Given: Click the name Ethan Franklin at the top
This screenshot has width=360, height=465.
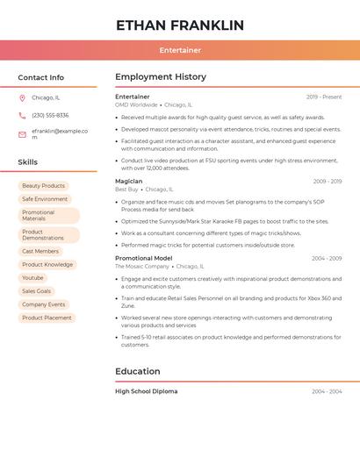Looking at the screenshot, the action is (180, 25).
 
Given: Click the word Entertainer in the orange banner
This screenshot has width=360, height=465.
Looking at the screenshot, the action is (180, 50).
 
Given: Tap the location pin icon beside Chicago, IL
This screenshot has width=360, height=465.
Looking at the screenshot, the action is (22, 98).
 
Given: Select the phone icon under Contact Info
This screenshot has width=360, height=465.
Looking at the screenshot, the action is (22, 116).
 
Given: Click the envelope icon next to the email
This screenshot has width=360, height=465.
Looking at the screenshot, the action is (22, 134).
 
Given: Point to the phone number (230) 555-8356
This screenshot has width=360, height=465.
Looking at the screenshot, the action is (50, 116).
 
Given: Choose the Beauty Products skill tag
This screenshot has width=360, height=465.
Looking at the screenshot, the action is (43, 186).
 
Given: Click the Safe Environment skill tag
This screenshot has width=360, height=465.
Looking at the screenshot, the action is (45, 199).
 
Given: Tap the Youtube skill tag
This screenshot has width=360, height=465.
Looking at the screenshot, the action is (32, 278).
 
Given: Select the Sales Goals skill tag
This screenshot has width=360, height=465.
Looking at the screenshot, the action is (36, 291).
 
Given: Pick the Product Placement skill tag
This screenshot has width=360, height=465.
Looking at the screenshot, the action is (47, 318).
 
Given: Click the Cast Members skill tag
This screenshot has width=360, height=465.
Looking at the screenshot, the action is (40, 252).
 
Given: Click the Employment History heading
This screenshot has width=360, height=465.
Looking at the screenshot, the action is (161, 77).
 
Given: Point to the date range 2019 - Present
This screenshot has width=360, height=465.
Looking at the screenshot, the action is (324, 97).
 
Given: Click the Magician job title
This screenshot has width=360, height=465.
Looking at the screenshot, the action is (128, 182).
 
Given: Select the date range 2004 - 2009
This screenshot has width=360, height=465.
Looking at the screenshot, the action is (327, 259).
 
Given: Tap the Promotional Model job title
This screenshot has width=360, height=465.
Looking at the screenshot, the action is (143, 259).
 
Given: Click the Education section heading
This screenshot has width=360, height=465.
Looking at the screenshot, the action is (138, 371).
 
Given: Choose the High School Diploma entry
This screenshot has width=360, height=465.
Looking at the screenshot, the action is (146, 391).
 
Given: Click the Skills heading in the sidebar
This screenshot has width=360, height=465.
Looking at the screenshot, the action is (28, 162).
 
